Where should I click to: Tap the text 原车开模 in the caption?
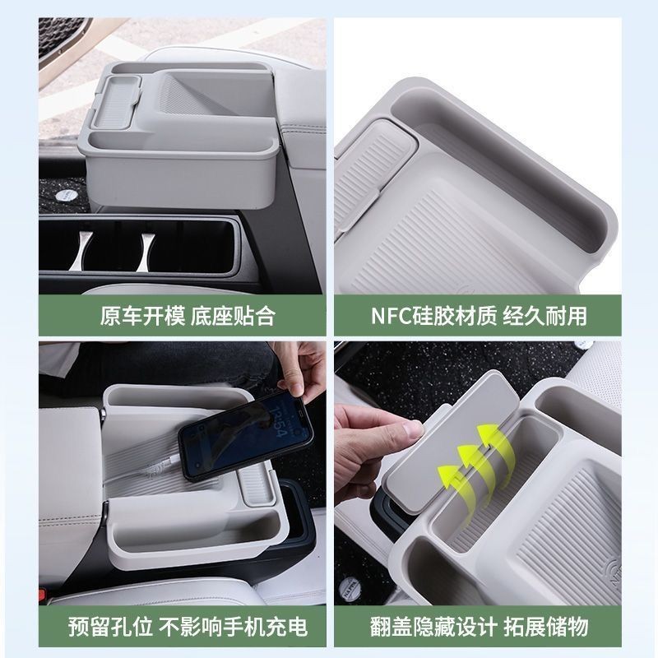point(142,316)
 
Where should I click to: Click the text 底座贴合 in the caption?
point(234,316)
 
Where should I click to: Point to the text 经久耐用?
point(544,316)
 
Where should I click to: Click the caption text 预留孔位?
point(110,628)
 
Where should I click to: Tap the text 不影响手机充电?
point(233,628)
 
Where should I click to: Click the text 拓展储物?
point(545,628)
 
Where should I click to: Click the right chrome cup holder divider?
point(146,251)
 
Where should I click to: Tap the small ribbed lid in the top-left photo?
point(115,102)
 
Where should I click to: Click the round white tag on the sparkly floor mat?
point(67,195)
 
